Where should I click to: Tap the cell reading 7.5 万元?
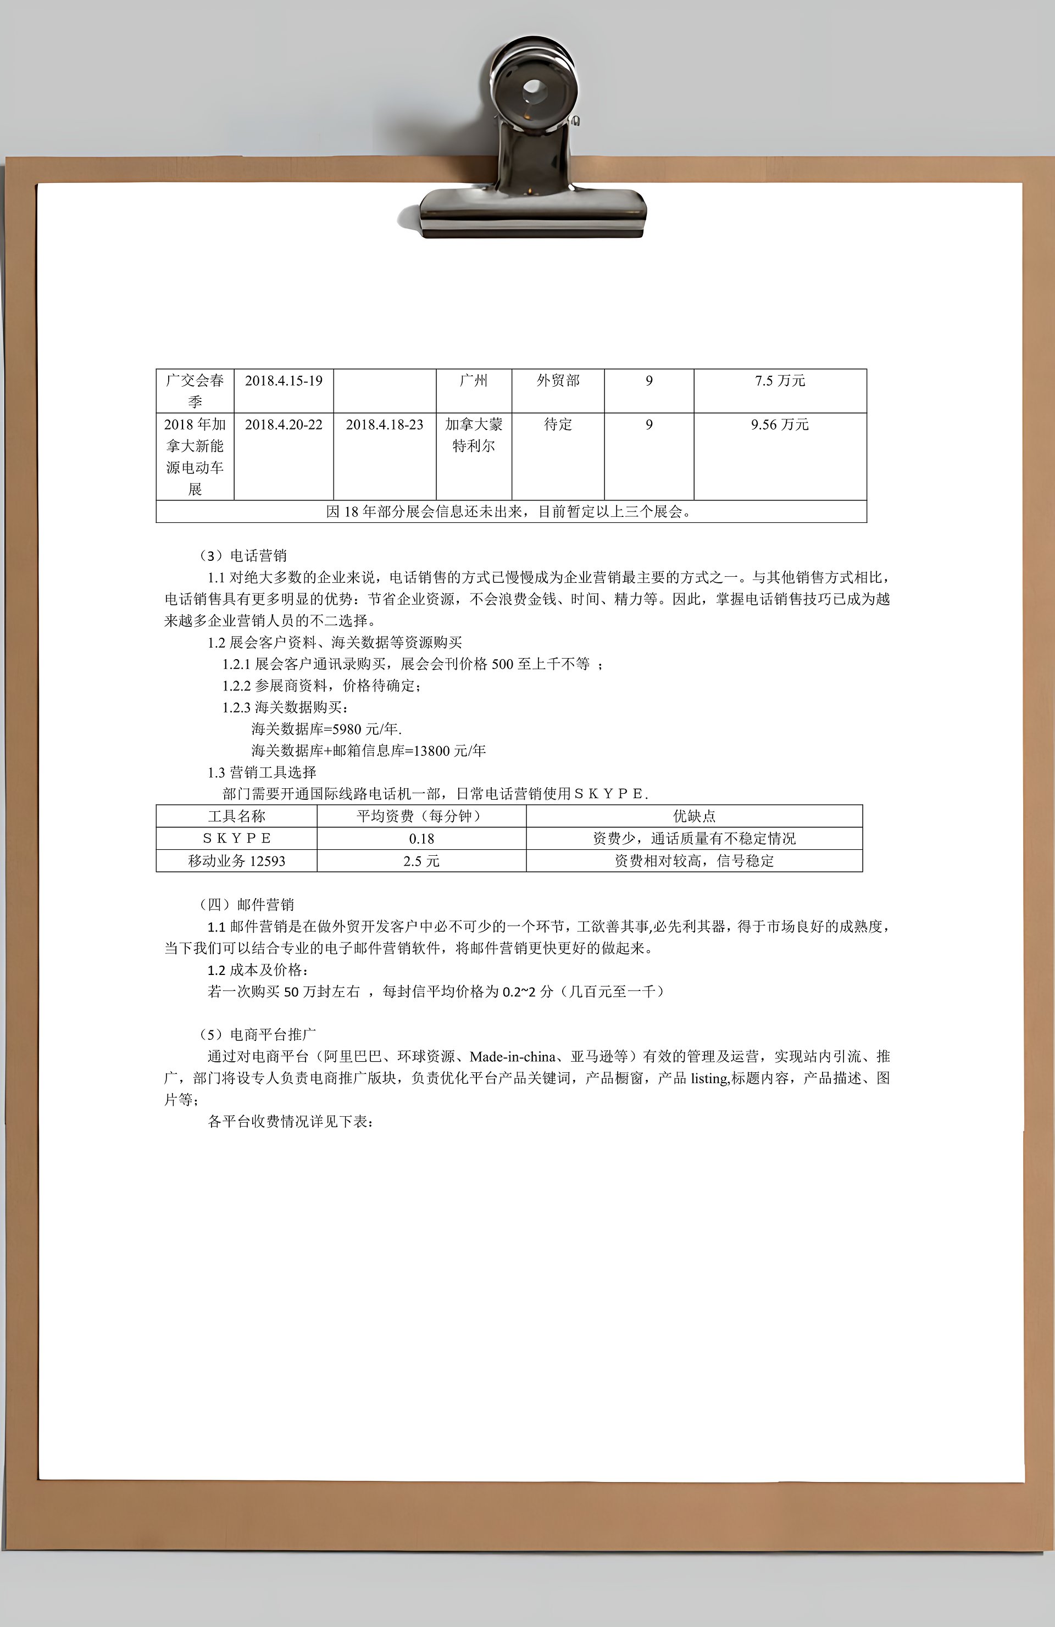click(x=780, y=381)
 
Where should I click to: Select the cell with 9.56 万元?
click(x=780, y=425)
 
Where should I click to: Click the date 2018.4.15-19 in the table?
click(x=284, y=381)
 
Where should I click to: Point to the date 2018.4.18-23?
click(x=384, y=425)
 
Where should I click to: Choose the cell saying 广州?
click(x=474, y=381)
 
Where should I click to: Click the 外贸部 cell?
click(x=558, y=381)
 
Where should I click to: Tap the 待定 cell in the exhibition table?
click(x=558, y=425)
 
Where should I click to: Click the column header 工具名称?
click(x=237, y=816)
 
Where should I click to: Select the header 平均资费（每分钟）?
click(x=421, y=816)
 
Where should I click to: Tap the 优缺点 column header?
click(x=694, y=816)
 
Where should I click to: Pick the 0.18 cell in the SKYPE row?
click(x=421, y=839)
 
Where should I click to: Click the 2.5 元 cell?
click(x=421, y=861)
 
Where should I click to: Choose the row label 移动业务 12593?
click(x=237, y=861)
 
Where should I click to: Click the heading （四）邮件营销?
click(x=246, y=905)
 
